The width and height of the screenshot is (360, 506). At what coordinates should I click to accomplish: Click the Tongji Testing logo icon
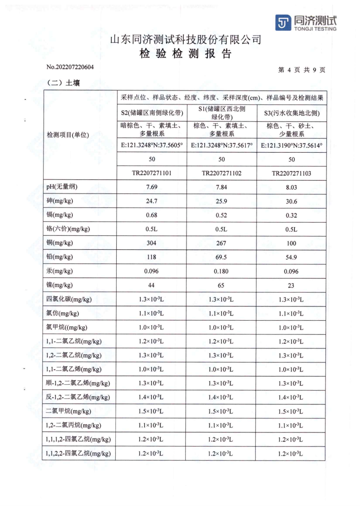283,22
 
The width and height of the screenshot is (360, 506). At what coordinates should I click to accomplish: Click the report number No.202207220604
70,67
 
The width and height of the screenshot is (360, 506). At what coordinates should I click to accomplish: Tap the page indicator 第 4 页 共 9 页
301,70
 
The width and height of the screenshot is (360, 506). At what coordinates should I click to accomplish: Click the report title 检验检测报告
186,54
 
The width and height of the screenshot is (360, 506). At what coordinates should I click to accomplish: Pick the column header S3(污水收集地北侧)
291,113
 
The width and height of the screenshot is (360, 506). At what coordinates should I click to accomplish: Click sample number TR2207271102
222,173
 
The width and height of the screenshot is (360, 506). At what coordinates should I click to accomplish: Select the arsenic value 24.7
151,201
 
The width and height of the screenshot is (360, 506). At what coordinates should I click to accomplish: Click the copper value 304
151,243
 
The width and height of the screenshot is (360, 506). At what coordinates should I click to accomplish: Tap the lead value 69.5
222,257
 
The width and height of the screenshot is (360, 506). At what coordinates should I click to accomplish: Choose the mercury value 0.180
222,271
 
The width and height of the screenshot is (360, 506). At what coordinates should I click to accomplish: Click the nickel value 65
222,285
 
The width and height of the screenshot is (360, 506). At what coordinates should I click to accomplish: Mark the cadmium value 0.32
291,215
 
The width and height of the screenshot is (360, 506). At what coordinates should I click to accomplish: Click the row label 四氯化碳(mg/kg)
69,299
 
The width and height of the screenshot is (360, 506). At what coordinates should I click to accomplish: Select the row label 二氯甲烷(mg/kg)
69,412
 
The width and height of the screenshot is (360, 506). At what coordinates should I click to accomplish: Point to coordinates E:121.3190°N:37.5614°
291,146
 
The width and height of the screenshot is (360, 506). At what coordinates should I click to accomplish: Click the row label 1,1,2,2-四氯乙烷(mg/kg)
78,453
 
